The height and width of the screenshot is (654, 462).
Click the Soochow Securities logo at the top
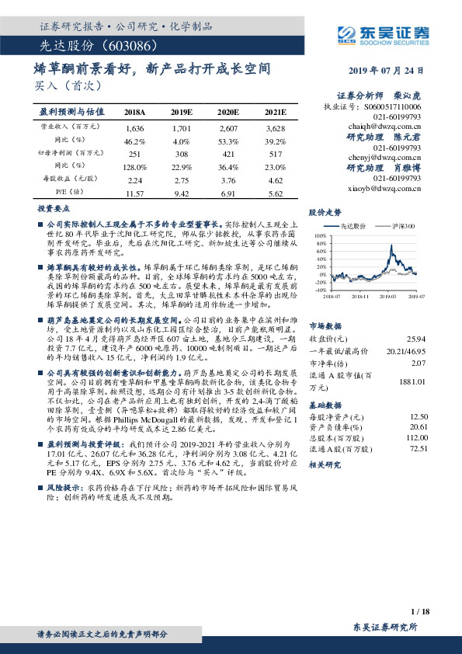pyautogui.click(x=383, y=33)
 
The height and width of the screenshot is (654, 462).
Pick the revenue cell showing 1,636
pyautogui.click(x=134, y=127)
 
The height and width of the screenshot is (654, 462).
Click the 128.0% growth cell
pyautogui.click(x=134, y=167)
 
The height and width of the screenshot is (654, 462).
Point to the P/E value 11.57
pyautogui.click(x=134, y=192)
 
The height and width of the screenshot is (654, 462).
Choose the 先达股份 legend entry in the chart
pyautogui.click(x=353, y=225)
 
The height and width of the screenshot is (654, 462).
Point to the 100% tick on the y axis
pyautogui.click(x=321, y=234)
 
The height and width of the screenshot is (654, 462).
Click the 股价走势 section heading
pyautogui.click(x=325, y=211)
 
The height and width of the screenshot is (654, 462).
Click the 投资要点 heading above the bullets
pyautogui.click(x=54, y=210)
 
